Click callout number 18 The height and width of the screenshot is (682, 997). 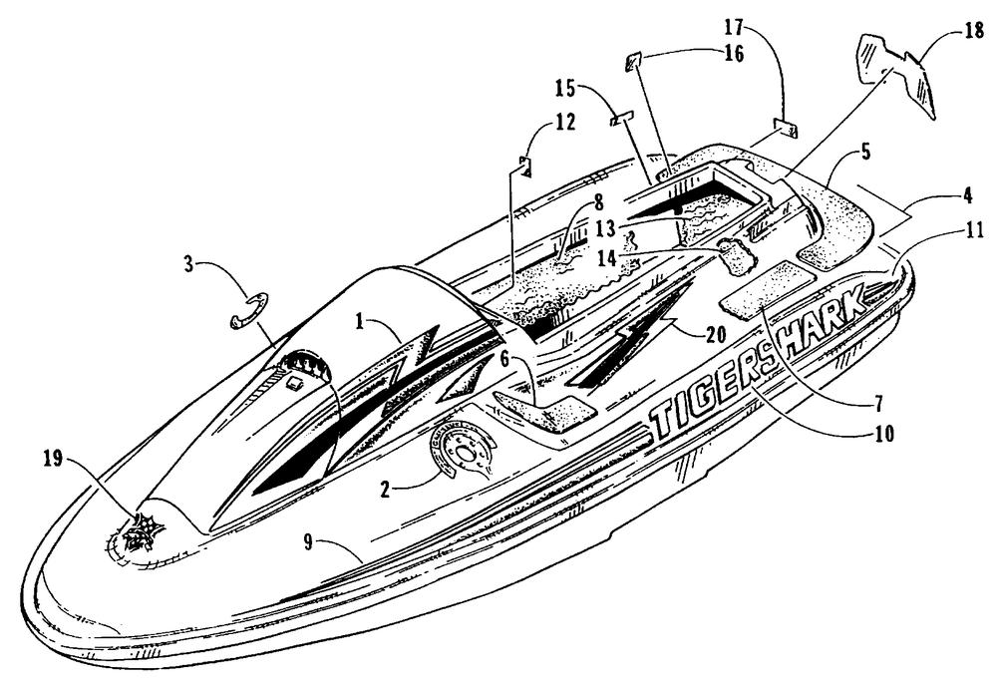pos(974,31)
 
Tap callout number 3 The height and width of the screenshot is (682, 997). pos(188,264)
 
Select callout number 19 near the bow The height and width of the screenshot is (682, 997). pos(53,459)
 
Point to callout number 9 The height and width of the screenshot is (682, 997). pos(308,543)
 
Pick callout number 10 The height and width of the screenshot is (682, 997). pos(883,434)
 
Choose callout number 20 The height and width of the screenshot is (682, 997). pos(716,334)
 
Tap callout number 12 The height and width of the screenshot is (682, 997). pos(565,122)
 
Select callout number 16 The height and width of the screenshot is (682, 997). pos(733,54)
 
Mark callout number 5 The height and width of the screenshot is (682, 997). pos(865,153)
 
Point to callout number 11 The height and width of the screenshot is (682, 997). pos(975,229)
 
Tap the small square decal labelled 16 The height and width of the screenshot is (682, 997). pos(633,62)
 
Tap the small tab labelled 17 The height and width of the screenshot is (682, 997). pos(786,128)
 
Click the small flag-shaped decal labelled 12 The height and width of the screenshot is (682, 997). pos(525,167)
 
